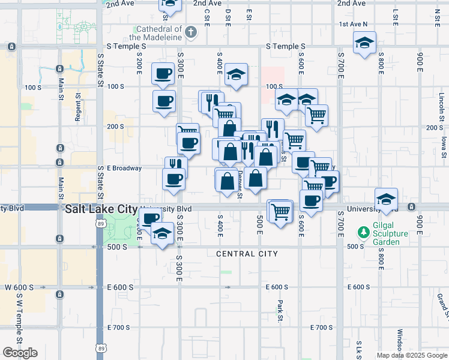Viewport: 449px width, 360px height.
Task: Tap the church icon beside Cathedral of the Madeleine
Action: (191, 32)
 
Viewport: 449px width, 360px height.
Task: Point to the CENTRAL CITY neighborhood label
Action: (247, 254)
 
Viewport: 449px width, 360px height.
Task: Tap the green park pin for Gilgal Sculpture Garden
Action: (363, 232)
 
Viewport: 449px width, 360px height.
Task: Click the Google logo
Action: (20, 353)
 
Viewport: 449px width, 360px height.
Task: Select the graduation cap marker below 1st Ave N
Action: (364, 43)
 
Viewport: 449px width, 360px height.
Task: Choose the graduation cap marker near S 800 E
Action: (387, 199)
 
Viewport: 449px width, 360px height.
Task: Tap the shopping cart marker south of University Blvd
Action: (280, 211)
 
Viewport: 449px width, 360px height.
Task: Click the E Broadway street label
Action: (124, 168)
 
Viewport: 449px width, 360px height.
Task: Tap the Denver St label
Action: (240, 184)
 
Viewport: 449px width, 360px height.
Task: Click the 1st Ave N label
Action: (353, 25)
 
